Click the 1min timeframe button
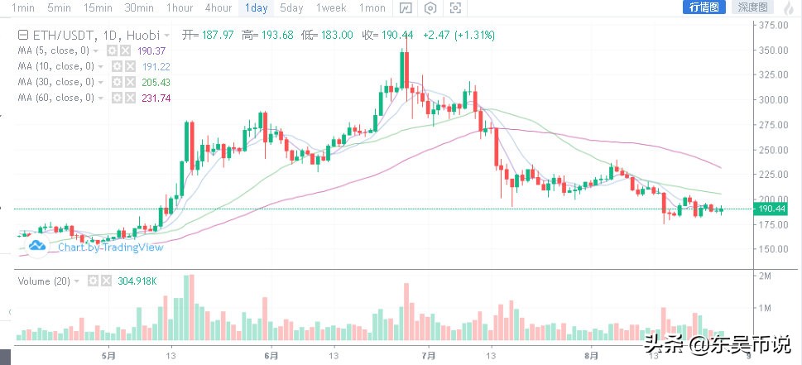(22, 7)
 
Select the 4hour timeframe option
(218, 7)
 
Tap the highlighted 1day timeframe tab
(257, 7)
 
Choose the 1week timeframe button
(331, 7)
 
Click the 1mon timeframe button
(372, 7)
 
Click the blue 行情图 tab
(706, 7)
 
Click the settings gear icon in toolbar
(430, 8)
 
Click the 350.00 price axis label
(774, 50)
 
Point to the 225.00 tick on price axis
(774, 175)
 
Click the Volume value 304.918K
(132, 281)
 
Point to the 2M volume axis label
(766, 275)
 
